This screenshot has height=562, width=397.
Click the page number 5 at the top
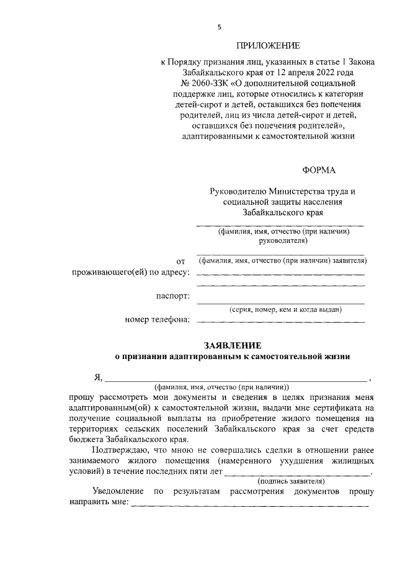tap(218, 27)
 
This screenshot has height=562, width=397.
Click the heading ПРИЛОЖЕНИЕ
tap(267, 45)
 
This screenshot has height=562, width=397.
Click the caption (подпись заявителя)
tap(291, 481)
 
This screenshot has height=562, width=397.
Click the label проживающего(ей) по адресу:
tap(130, 273)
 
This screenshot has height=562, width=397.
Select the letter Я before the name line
tap(97, 377)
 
